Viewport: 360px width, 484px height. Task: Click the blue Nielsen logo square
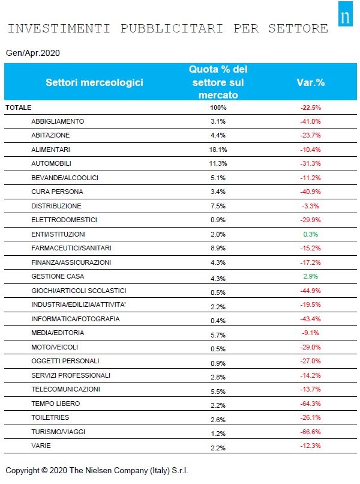tap(345, 14)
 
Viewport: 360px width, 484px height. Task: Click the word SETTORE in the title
tap(298, 28)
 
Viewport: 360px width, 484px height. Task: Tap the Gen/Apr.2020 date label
tap(32, 53)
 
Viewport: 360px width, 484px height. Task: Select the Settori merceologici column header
tap(94, 82)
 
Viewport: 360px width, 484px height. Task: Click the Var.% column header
tap(310, 82)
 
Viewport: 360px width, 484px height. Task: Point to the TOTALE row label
tap(19, 107)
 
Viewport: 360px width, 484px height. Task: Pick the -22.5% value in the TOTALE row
tap(311, 107)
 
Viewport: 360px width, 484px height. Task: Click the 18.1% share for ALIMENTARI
tap(218, 150)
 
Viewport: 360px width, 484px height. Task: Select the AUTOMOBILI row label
tap(51, 163)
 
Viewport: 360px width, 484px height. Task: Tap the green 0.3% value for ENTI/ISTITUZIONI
tap(311, 234)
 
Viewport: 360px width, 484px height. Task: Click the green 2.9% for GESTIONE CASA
tap(311, 276)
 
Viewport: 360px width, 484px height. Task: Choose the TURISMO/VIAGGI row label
tap(58, 432)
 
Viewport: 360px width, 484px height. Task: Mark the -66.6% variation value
tap(311, 432)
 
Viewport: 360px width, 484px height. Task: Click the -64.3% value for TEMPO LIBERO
tap(311, 404)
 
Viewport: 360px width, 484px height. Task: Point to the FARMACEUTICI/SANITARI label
tap(71, 248)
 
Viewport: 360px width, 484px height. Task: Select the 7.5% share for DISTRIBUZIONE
tap(218, 206)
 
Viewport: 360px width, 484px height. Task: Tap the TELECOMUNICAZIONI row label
tap(66, 389)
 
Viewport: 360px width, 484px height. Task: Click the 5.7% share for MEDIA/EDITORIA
tap(218, 335)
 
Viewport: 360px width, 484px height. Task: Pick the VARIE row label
tap(41, 446)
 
